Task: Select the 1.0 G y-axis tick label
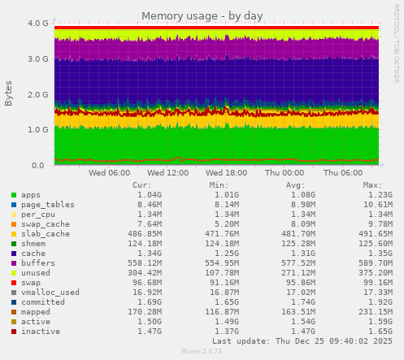[x=37, y=129]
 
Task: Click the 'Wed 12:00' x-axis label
[x=168, y=172]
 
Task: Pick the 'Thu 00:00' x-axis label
[x=285, y=172]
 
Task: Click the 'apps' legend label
[x=31, y=195]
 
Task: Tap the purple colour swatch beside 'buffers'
[x=14, y=262]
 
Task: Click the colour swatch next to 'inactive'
[x=14, y=331]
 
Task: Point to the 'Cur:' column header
[x=141, y=184]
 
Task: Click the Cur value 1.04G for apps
[x=149, y=195]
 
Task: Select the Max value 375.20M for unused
[x=375, y=272]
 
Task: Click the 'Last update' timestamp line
[x=296, y=341]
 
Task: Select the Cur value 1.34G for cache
[x=149, y=253]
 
